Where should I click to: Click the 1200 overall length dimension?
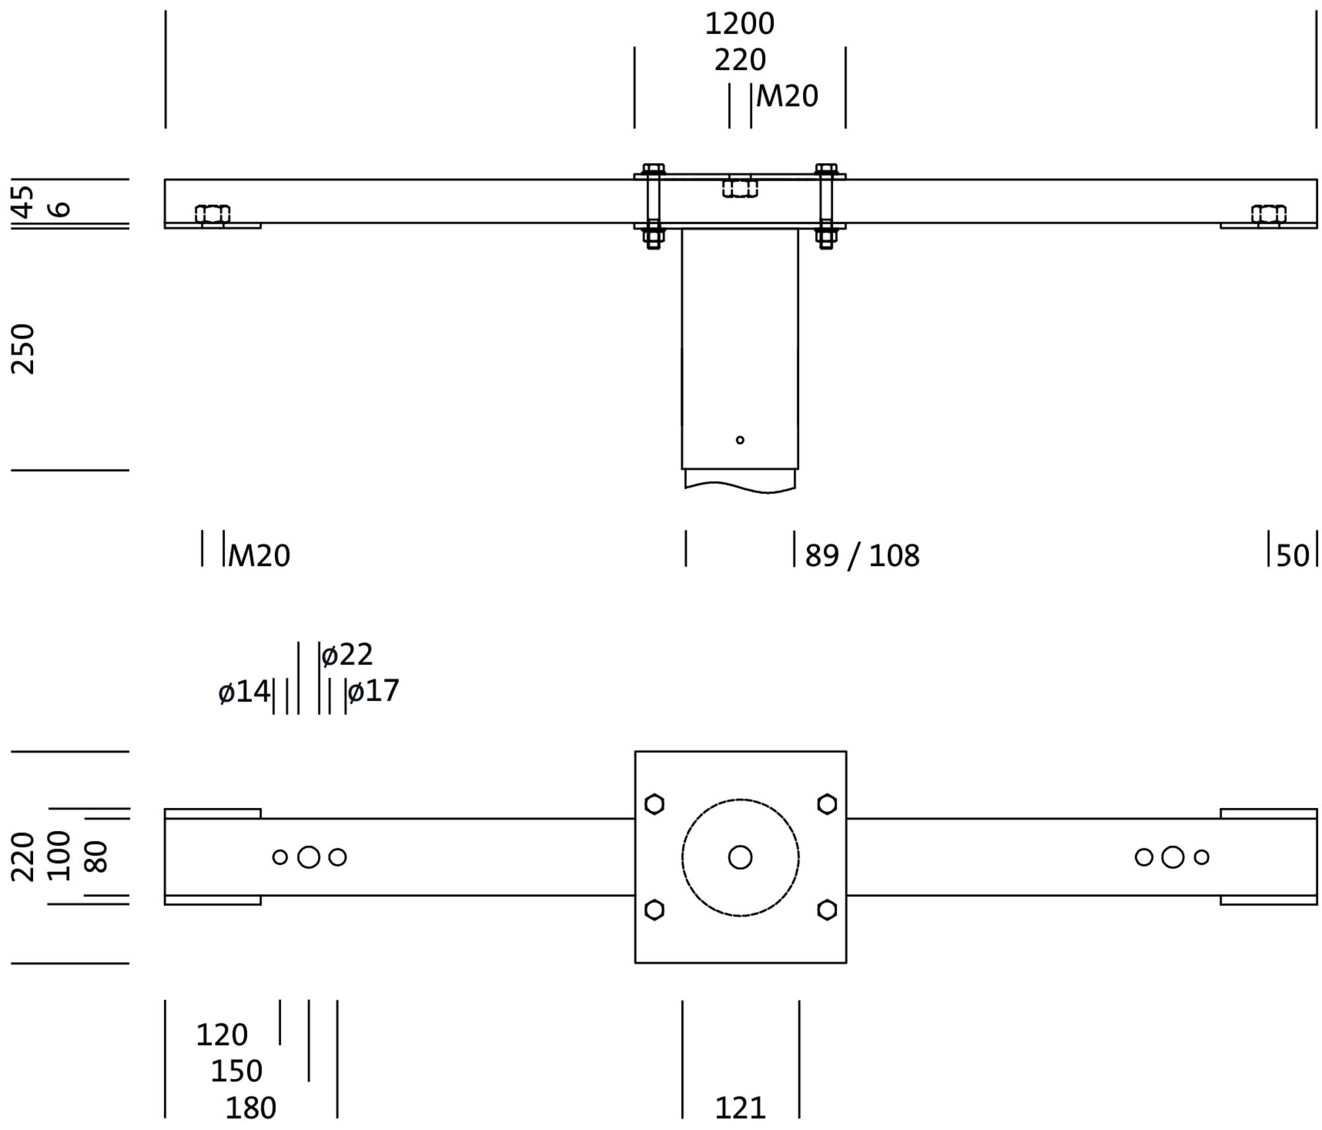click(x=739, y=24)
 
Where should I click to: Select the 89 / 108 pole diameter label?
click(x=861, y=556)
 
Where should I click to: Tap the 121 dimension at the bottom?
click(x=740, y=1108)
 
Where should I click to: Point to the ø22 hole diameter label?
click(x=348, y=655)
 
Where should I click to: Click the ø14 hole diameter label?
click(x=244, y=692)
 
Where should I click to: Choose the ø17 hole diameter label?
click(x=373, y=692)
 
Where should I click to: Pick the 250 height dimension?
click(x=24, y=349)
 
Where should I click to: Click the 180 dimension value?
click(x=251, y=1108)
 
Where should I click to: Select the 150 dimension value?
click(x=236, y=1071)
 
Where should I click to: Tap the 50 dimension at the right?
click(x=1292, y=556)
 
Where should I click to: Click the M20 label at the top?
click(x=787, y=97)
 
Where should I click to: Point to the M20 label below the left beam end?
click(x=258, y=556)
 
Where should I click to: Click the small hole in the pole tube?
click(x=740, y=440)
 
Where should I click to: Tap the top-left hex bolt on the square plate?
click(x=654, y=804)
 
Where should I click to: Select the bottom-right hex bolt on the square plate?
click(x=826, y=910)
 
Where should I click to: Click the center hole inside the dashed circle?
click(x=740, y=857)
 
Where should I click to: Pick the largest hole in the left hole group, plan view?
click(x=309, y=857)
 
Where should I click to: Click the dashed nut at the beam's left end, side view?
click(x=212, y=214)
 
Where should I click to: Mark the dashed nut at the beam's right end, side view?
click(x=1268, y=214)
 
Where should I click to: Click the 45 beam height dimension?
click(x=24, y=201)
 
